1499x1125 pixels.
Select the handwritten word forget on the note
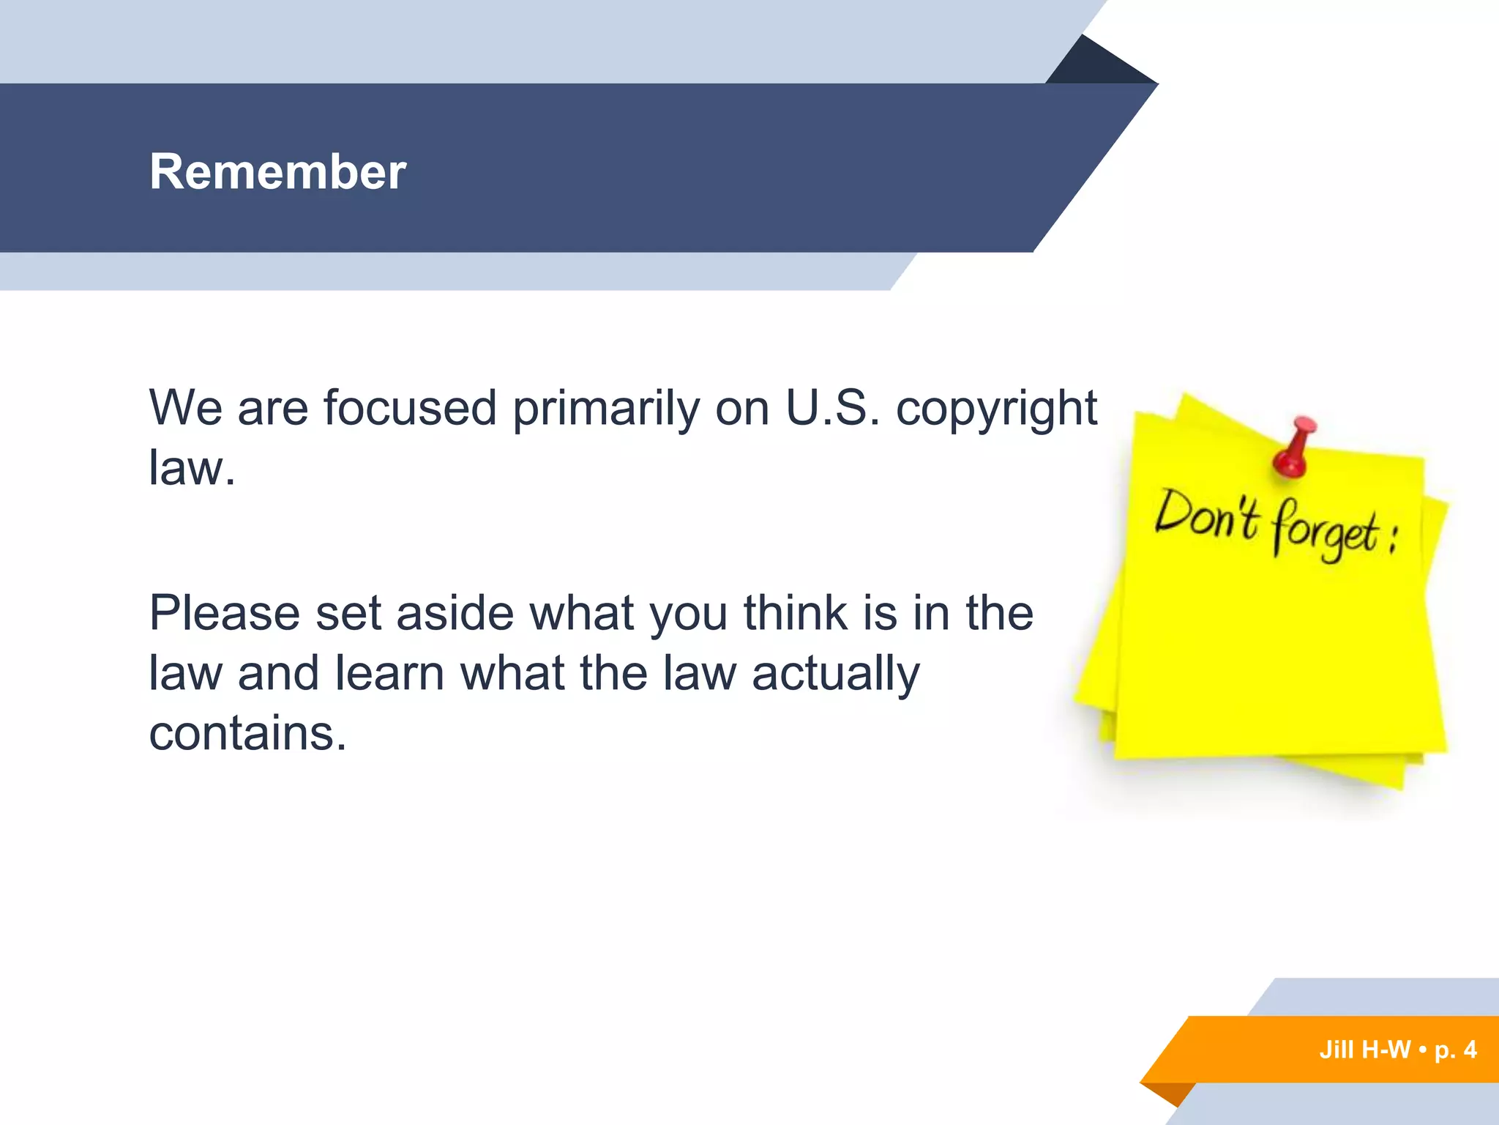(1326, 532)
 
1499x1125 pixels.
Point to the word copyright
(996, 409)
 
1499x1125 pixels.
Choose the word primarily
(606, 409)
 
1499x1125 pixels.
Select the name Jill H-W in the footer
(1364, 1050)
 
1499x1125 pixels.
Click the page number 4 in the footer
(1470, 1050)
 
